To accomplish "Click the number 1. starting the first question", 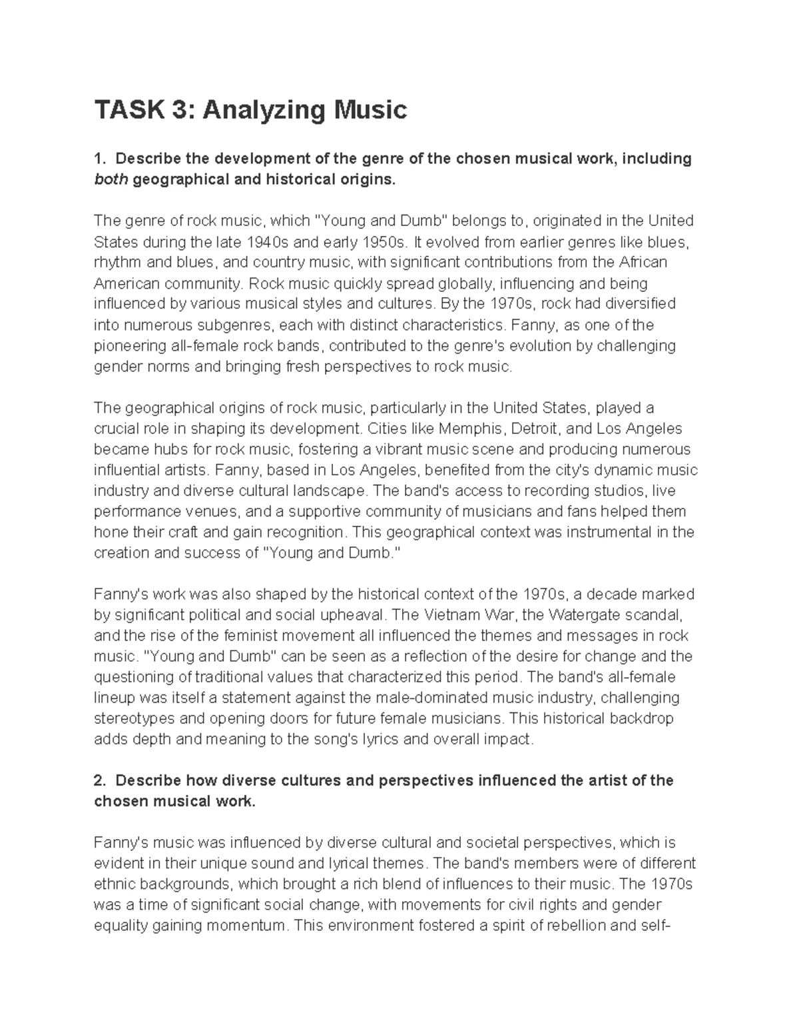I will [99, 159].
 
